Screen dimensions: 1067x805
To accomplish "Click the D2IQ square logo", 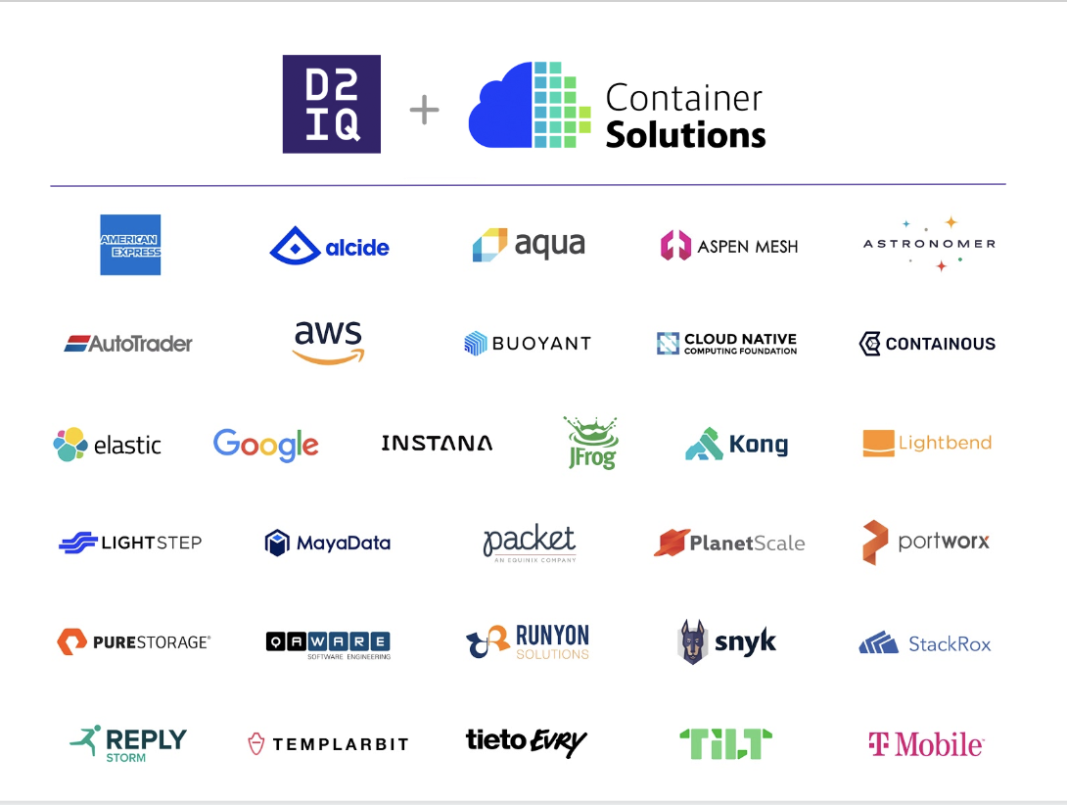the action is pyautogui.click(x=332, y=104).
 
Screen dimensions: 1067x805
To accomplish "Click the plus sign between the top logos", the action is pyautogui.click(x=424, y=110).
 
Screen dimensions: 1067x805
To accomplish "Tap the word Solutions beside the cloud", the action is pyautogui.click(x=685, y=134).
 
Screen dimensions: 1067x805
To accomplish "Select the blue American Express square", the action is pyautogui.click(x=130, y=245).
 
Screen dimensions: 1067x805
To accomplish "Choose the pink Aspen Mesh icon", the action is pyautogui.click(x=675, y=245).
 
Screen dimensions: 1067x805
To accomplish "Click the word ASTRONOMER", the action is pyautogui.click(x=930, y=244).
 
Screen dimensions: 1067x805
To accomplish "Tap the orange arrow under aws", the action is pyautogui.click(x=329, y=356).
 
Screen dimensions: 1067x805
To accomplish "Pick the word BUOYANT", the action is pyautogui.click(x=541, y=343).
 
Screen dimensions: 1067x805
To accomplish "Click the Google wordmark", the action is pyautogui.click(x=266, y=446).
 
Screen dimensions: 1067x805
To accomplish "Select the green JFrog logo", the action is pyautogui.click(x=591, y=444).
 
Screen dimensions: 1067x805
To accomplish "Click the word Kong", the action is pyautogui.click(x=759, y=445).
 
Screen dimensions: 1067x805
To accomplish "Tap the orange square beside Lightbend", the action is pyautogui.click(x=878, y=444).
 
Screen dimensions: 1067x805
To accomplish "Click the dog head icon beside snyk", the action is pyautogui.click(x=693, y=641).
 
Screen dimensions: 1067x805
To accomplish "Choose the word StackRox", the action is pyautogui.click(x=950, y=644).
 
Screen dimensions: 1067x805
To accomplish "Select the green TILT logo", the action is pyautogui.click(x=726, y=743).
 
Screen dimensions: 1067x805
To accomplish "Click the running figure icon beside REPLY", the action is pyautogui.click(x=86, y=740).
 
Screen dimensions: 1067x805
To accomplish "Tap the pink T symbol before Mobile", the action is pyautogui.click(x=878, y=743).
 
